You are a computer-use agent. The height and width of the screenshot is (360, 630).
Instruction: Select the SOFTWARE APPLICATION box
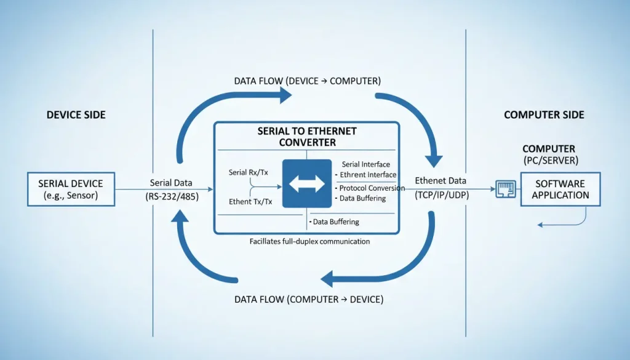(561, 189)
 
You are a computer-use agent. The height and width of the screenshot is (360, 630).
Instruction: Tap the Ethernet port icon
(505, 189)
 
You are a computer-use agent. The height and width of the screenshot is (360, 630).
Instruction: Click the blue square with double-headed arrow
(306, 183)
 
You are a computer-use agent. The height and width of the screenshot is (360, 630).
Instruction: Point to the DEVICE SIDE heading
(76, 115)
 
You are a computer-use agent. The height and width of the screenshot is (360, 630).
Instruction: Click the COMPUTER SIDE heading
(544, 115)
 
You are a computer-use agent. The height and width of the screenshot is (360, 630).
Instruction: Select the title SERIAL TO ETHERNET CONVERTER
(307, 137)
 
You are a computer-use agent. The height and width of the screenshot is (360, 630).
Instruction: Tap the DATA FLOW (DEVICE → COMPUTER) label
(307, 81)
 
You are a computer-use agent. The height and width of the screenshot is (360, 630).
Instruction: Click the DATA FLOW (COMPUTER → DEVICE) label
(309, 300)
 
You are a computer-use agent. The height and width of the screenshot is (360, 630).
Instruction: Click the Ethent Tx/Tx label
(250, 202)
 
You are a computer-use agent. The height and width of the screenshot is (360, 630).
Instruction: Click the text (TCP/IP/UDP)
(440, 193)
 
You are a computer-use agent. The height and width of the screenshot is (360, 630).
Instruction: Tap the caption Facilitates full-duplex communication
(310, 242)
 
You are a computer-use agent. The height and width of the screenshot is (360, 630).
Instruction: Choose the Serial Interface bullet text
(365, 164)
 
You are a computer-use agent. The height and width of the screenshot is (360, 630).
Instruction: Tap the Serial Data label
(170, 183)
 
